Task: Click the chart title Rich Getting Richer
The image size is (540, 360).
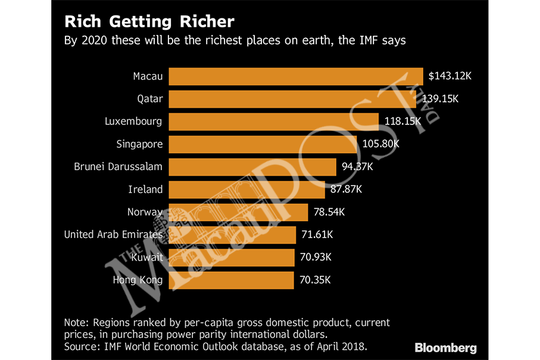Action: [149, 22]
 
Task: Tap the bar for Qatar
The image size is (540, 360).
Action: [292, 99]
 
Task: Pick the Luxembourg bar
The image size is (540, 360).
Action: [273, 121]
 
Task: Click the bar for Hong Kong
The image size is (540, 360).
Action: [232, 280]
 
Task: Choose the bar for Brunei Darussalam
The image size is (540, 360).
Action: [253, 167]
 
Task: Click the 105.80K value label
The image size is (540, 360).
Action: [379, 144]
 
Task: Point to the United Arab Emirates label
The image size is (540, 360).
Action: [113, 234]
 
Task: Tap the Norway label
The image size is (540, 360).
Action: [145, 212]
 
